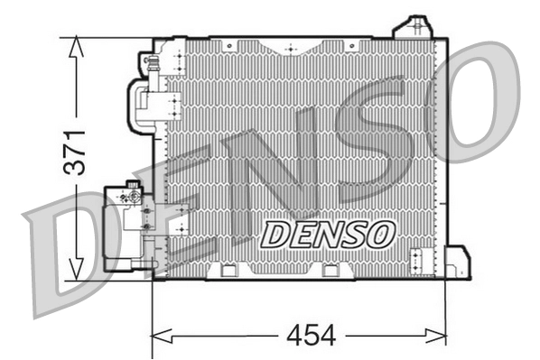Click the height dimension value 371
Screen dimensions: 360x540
point(79,151)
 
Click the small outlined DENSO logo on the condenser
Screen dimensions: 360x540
point(328,233)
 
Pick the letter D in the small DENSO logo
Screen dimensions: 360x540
point(275,234)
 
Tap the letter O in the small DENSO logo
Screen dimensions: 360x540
point(380,233)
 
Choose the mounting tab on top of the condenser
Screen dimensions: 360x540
point(416,26)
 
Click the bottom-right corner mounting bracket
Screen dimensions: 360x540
point(459,263)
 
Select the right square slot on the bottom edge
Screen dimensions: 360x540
point(331,270)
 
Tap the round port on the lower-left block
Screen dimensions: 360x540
point(132,194)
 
